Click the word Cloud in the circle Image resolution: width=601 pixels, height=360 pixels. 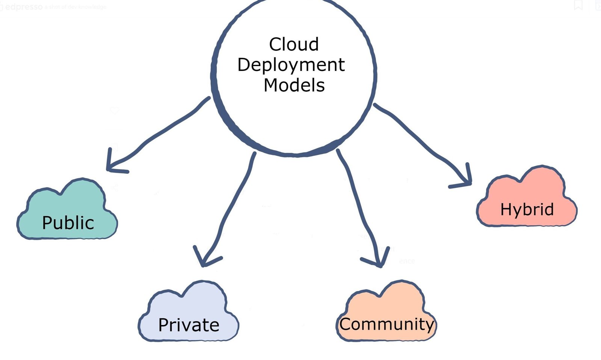point(294,44)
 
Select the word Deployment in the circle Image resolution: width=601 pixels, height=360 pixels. point(291,65)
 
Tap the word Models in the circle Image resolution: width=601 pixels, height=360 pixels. point(294,85)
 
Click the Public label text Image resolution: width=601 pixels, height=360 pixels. point(68,223)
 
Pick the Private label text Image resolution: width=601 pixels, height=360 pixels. point(189,325)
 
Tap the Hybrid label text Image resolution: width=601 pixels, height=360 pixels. point(527,209)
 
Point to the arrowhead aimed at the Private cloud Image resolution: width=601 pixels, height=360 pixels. point(203,263)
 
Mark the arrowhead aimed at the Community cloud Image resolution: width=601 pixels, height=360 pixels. point(379,263)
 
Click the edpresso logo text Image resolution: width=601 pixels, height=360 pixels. point(23,7)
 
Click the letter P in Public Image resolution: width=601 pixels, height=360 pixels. point(47,223)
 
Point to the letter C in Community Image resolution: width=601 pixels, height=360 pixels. point(346,324)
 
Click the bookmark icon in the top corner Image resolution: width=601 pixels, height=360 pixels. point(578,5)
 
